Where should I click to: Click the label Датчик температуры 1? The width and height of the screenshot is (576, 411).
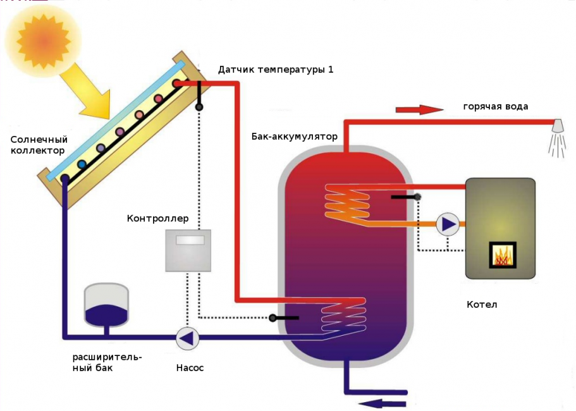[276, 70]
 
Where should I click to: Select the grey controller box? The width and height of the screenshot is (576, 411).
[188, 250]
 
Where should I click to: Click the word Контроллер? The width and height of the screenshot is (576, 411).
[158, 219]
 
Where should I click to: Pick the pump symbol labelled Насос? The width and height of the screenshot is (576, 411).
[187, 338]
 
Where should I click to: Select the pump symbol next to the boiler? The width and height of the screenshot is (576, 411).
[448, 224]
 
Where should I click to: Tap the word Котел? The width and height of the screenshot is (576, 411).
[482, 305]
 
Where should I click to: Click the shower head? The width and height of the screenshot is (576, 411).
[558, 126]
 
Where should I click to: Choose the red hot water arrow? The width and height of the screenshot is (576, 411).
[419, 109]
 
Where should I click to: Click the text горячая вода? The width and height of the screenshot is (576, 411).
[495, 106]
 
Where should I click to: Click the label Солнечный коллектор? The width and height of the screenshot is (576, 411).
[38, 145]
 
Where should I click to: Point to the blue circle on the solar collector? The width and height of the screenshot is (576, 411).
[82, 164]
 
